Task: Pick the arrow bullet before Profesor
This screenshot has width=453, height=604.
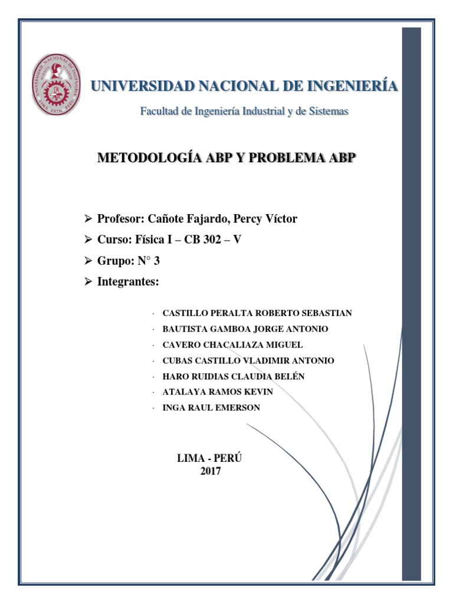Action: pos(88,219)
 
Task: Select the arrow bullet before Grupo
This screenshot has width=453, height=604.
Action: pos(88,261)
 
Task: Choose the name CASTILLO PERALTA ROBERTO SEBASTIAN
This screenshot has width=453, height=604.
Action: pos(257,313)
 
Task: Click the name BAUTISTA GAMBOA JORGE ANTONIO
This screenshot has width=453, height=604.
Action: pos(245,329)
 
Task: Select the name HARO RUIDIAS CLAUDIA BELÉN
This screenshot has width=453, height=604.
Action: pos(233,376)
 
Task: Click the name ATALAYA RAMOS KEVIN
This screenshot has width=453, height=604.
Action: pos(217,392)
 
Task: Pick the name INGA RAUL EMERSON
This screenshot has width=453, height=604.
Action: pos(211,408)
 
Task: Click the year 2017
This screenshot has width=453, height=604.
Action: pos(211,471)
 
